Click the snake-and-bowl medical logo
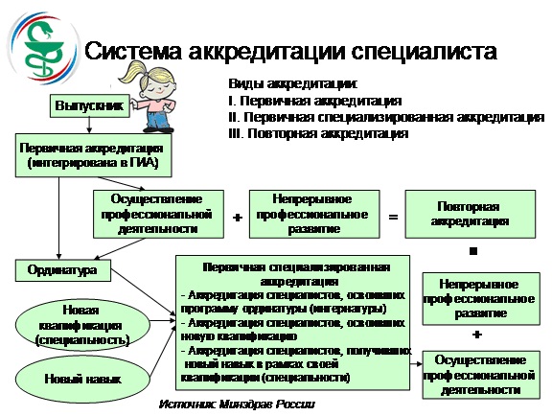pyautogui.click(x=43, y=48)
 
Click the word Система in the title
pyautogui.click(x=133, y=52)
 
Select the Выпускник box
pyautogui.click(x=89, y=105)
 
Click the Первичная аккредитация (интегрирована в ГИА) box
pyautogui.click(x=93, y=155)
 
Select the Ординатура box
pyautogui.click(x=62, y=270)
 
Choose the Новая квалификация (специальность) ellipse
pyautogui.click(x=82, y=325)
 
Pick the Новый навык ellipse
pyautogui.click(x=82, y=379)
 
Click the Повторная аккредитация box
pyautogui.click(x=470, y=214)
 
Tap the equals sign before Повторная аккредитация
pyautogui.click(x=393, y=217)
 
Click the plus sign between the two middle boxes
pyautogui.click(x=238, y=218)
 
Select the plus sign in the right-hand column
pyautogui.click(x=476, y=334)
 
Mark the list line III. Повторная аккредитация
pyautogui.click(x=318, y=134)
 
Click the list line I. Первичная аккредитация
pyautogui.click(x=314, y=101)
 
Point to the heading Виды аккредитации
pyautogui.click(x=293, y=84)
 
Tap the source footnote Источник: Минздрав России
pyautogui.click(x=237, y=404)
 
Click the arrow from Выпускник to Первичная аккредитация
pyautogui.click(x=89, y=126)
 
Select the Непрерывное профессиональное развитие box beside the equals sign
pyautogui.click(x=314, y=214)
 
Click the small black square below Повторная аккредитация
pyautogui.click(x=473, y=251)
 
